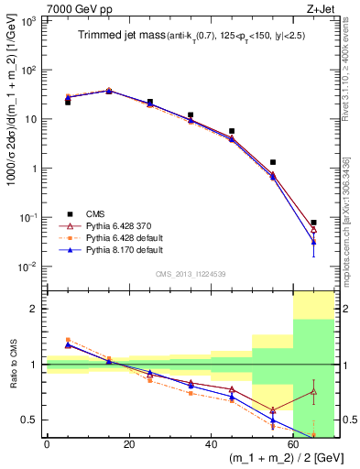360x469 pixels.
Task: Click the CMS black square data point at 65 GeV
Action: pos(313,223)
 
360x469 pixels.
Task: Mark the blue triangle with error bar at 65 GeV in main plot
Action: pos(313,242)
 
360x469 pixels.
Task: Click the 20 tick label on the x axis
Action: pos(129,444)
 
